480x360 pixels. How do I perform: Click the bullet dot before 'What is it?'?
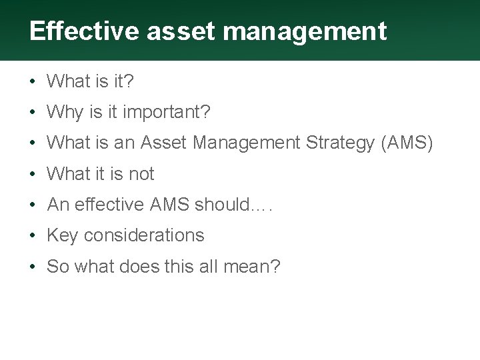(32, 82)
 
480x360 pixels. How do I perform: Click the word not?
(141, 174)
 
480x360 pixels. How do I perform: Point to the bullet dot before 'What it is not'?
(32, 174)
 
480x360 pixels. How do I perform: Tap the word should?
(221, 205)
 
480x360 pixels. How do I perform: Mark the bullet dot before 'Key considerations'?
(32, 235)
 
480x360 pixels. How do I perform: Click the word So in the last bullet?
(57, 267)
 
